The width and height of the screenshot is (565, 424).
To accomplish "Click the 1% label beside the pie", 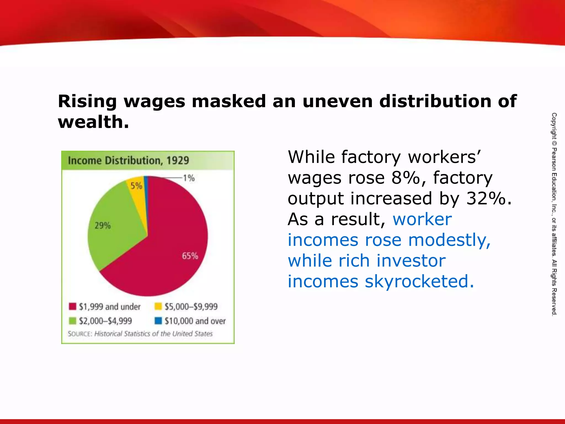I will coord(189,178).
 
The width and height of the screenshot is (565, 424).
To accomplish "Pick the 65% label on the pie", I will coord(190,256).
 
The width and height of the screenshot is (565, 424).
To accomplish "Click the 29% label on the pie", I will coord(103,226).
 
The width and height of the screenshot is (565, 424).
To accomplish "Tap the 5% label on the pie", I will coord(136,186).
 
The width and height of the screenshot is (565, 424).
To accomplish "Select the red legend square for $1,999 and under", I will coord(73,306).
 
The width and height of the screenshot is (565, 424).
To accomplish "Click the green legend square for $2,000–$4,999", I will coord(73,321).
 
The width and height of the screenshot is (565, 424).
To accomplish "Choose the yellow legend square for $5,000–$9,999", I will coord(158,306).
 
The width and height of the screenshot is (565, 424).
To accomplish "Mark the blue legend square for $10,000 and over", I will coord(158,321).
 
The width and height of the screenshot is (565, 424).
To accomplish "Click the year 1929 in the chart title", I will coord(178,160).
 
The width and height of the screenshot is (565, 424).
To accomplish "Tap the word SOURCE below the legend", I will coord(80,334).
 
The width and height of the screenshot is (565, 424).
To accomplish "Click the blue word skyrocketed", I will coord(419,281).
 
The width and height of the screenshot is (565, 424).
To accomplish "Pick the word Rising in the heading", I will coord(87,101).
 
